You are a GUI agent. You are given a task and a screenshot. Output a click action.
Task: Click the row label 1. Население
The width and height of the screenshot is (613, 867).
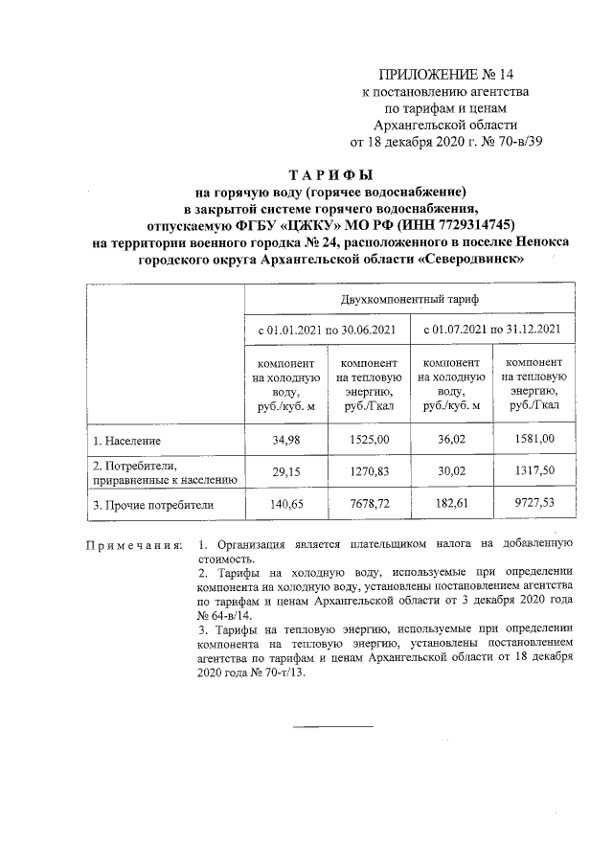click(127, 442)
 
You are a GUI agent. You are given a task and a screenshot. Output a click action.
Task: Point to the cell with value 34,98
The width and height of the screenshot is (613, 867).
click(285, 440)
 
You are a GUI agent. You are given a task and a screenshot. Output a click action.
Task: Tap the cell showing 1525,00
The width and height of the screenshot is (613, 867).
click(368, 440)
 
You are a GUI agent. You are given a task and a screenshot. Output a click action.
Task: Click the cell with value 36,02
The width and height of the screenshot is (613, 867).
click(450, 440)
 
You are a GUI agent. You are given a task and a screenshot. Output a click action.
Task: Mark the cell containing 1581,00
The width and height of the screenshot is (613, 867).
click(534, 440)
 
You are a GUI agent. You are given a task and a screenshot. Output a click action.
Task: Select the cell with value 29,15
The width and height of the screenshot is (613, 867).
click(285, 471)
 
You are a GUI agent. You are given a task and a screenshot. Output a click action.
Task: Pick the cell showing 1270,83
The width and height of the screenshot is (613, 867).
click(368, 471)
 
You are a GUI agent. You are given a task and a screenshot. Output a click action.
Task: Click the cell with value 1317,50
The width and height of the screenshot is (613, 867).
click(534, 471)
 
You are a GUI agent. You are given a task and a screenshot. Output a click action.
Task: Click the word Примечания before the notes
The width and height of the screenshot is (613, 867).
click(134, 545)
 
